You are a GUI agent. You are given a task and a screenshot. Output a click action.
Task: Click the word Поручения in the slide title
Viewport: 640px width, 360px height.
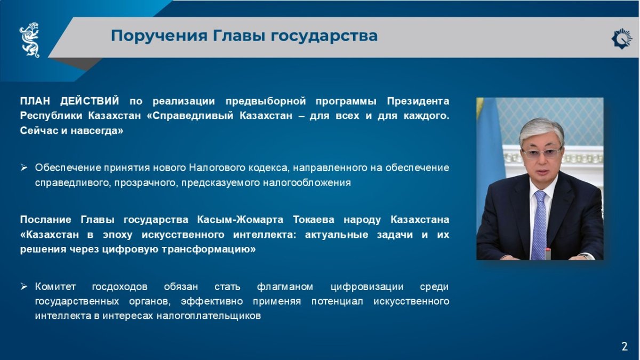(x=159, y=36)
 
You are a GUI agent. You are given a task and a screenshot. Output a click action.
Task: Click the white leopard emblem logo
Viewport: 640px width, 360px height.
(x=29, y=40)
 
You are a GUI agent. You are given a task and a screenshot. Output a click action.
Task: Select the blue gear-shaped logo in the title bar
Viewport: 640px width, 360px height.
(x=622, y=38)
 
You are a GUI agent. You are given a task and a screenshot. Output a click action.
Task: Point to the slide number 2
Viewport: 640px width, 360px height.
(x=625, y=347)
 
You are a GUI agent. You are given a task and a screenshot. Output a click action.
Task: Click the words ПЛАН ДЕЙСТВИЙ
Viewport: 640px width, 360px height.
(x=69, y=101)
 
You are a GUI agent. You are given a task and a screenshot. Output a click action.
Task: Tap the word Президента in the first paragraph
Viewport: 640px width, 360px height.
(x=418, y=101)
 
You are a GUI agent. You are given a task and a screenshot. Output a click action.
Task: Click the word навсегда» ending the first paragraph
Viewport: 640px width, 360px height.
(x=97, y=131)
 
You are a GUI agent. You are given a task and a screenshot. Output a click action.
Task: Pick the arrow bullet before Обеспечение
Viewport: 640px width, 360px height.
(x=23, y=167)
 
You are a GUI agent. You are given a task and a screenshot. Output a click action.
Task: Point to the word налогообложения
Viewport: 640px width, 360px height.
(x=307, y=182)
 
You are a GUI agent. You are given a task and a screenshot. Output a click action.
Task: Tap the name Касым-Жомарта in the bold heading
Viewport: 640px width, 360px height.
(x=240, y=220)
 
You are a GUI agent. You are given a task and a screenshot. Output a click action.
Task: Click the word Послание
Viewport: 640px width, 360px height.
(x=46, y=220)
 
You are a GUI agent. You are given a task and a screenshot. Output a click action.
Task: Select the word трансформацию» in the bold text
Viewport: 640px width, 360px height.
(x=209, y=250)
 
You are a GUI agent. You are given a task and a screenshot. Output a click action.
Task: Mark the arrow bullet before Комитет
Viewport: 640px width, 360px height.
(x=23, y=286)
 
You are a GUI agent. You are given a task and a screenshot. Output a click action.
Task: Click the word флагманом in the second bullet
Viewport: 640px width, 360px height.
(x=285, y=286)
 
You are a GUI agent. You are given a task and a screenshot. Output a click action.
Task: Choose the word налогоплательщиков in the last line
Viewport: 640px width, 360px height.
(x=209, y=316)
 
